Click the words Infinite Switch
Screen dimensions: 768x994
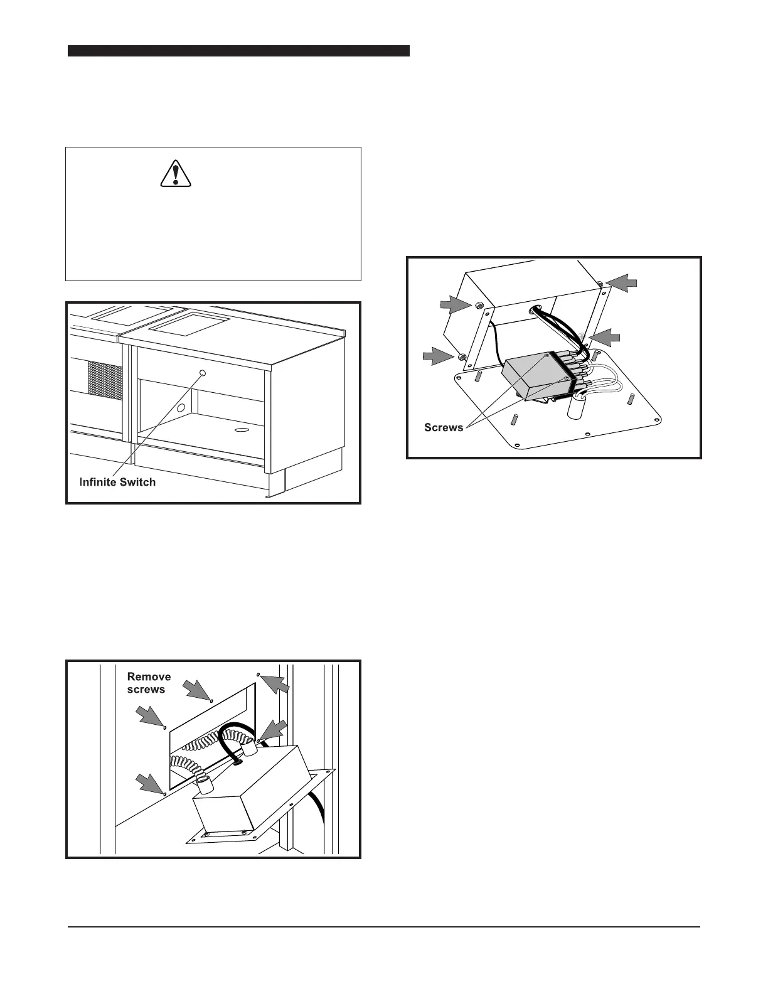[x=117, y=482]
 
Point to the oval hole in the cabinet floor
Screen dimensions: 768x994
[x=240, y=430]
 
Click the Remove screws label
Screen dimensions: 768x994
[x=149, y=683]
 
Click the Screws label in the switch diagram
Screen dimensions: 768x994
[x=444, y=427]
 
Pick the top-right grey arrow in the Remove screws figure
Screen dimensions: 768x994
[x=277, y=684]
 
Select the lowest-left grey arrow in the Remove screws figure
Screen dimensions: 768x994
[x=149, y=784]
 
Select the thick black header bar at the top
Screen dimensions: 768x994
[x=238, y=51]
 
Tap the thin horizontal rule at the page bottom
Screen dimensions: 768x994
[x=384, y=926]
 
